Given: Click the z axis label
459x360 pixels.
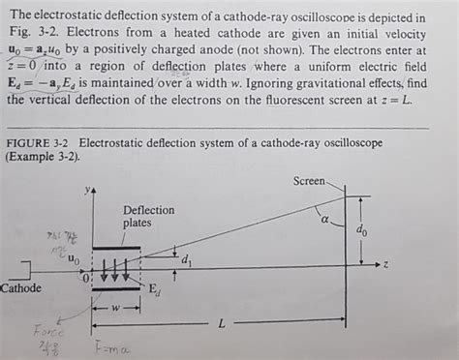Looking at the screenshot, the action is pos(384,263).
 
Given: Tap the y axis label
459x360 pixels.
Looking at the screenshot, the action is pos(87,190).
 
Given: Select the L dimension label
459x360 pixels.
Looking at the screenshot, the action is pos(221,324).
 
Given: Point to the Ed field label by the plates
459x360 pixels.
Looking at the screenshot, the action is pos(154,287).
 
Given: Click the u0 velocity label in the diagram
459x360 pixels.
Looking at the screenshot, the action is pos(74,259).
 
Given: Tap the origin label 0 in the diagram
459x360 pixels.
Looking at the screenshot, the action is pos(85,278).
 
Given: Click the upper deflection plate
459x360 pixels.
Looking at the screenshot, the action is pos(116,249).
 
